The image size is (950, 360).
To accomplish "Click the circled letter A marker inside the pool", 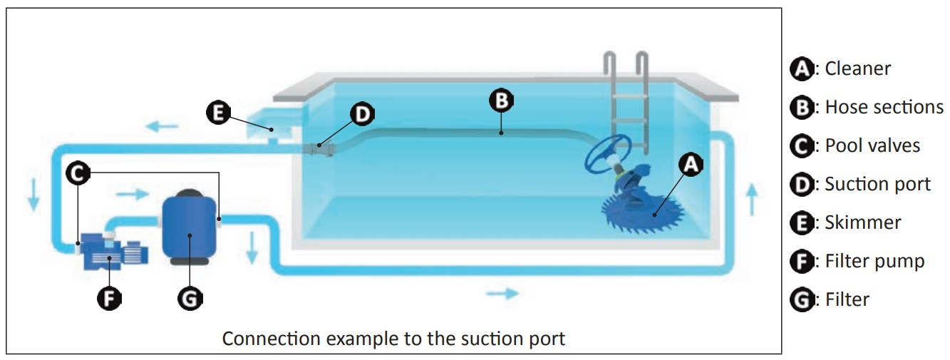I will [x=689, y=166].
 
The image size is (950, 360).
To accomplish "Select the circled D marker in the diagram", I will [x=363, y=113].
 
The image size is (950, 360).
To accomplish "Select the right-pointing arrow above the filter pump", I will [x=132, y=193].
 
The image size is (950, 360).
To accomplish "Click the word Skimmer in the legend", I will [x=862, y=222].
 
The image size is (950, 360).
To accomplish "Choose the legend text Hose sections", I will [x=884, y=107].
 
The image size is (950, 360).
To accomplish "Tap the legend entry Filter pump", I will [x=874, y=261].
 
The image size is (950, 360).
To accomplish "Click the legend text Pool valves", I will [x=872, y=145].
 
